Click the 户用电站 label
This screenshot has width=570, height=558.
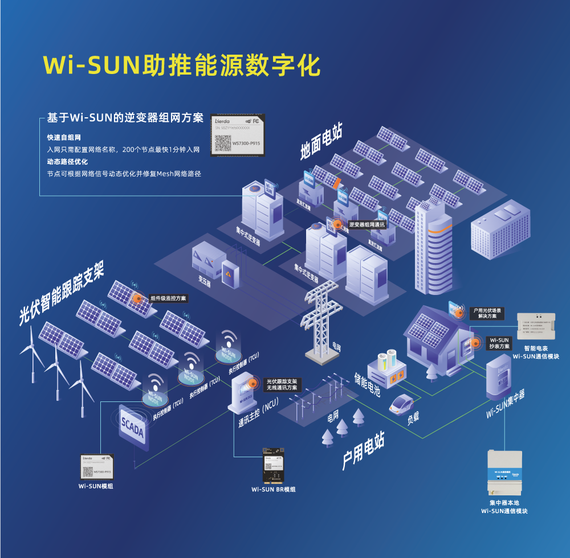363,452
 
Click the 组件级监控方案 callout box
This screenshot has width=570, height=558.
168,298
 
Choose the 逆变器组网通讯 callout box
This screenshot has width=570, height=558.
367,225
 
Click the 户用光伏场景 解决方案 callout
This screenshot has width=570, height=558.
487,313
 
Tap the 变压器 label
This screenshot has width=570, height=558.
205,281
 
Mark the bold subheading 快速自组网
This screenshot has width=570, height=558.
64,138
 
